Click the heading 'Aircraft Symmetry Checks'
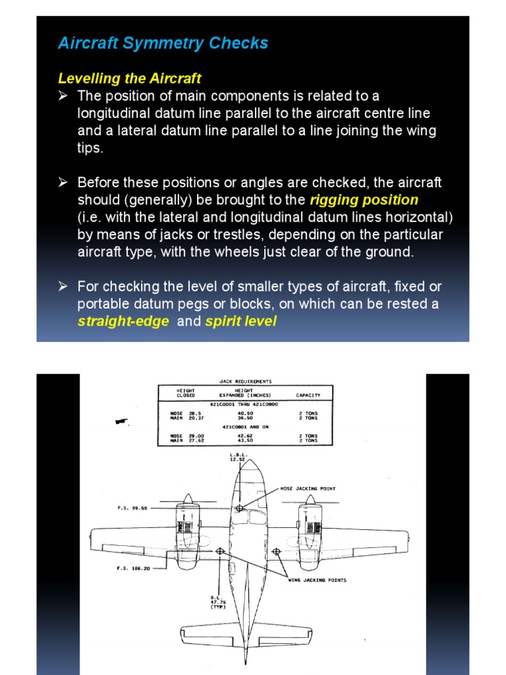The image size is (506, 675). [163, 44]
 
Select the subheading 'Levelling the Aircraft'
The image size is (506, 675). [129, 78]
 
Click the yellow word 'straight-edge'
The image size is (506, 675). [123, 322]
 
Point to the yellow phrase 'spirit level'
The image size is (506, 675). [240, 322]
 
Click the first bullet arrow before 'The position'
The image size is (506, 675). [63, 96]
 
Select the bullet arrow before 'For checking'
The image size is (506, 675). [63, 287]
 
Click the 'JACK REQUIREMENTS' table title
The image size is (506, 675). [245, 381]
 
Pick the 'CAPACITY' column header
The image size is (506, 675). [308, 396]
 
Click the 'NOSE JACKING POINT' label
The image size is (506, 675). [308, 488]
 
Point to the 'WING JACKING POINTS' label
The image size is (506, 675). [317, 580]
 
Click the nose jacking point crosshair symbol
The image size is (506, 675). [240, 508]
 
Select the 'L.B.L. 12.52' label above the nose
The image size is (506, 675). [238, 457]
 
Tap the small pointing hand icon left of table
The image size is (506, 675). [121, 421]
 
